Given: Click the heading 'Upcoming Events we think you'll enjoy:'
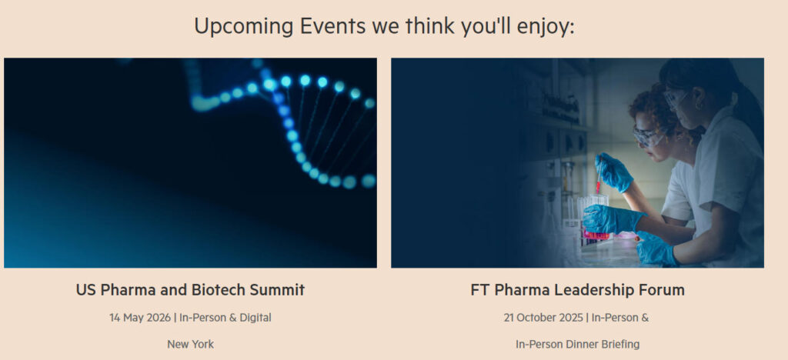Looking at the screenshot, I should coord(384,26).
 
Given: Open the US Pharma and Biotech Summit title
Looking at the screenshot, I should coord(190,290).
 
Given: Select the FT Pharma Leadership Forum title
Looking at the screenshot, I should coord(577,290).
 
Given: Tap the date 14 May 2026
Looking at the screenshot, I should coord(141,317).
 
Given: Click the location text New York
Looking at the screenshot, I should coord(190,344).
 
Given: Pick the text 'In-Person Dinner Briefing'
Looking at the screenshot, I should coord(577,344).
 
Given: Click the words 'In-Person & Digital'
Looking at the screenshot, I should coord(225,317).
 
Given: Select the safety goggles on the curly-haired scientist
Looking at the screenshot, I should coord(649,135).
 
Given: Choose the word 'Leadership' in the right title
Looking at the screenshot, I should coord(588,290).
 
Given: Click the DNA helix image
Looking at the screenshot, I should coord(190,162).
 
